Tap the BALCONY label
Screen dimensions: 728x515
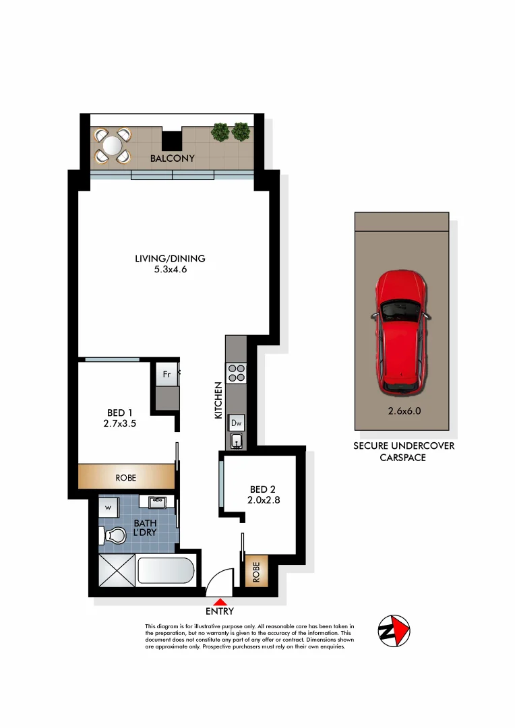[173, 158]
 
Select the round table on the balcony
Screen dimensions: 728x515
[113, 146]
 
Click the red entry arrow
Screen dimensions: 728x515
[220, 601]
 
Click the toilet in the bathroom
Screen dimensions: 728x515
[113, 536]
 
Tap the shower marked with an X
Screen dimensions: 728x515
[117, 572]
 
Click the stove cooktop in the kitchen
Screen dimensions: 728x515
[237, 373]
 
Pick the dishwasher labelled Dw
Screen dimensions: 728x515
[237, 423]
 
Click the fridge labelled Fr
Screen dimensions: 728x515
[166, 373]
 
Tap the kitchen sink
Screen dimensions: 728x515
[237, 442]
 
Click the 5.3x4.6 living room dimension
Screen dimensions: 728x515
[170, 270]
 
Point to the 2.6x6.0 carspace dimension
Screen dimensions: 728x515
[400, 411]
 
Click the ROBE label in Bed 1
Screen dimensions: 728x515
[126, 477]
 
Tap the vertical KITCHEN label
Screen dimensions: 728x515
[218, 400]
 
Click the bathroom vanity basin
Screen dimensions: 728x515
[158, 502]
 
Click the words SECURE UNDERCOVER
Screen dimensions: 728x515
[404, 446]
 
